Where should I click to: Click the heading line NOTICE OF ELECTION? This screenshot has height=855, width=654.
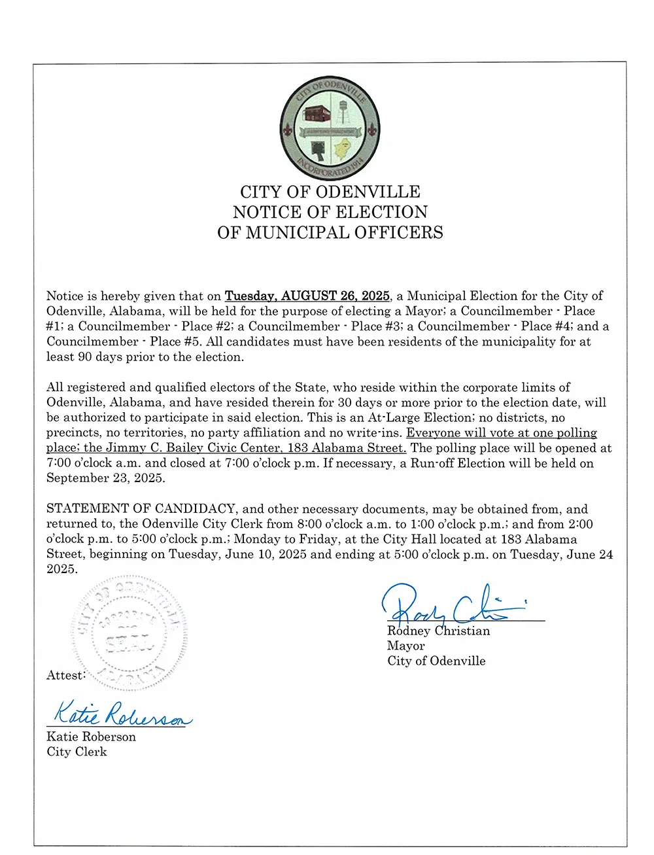tap(330, 212)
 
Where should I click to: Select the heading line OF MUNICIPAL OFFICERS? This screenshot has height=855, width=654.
tap(330, 232)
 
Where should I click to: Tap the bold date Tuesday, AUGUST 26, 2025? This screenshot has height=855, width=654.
tap(307, 296)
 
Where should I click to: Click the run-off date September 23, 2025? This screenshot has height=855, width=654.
tap(105, 478)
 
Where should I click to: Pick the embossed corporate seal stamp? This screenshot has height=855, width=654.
tap(129, 633)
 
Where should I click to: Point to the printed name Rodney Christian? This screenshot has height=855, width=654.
tap(438, 631)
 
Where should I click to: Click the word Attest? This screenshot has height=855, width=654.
tap(65, 675)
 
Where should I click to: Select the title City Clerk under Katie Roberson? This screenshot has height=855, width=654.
tap(77, 752)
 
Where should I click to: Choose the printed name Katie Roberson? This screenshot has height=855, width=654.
tap(91, 737)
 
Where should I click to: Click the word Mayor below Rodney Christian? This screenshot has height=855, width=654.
tap(405, 646)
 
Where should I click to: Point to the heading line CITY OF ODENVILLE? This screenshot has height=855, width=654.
tap(330, 192)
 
